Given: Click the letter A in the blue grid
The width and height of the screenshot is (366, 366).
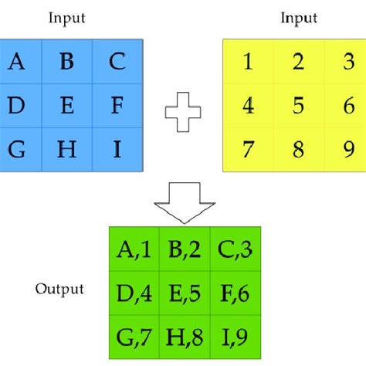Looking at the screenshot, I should tap(16, 63).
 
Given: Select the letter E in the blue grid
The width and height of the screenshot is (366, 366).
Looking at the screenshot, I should tap(66, 105).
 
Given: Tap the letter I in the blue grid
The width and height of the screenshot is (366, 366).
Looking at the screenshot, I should tap(117, 148).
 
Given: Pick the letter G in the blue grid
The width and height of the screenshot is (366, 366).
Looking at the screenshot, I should tap(16, 148).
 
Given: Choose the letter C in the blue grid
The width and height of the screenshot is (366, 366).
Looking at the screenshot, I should tap(117, 63).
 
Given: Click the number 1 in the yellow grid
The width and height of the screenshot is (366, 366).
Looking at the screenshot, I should tap(248, 63).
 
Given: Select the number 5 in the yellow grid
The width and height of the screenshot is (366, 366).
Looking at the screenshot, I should tap(298, 105).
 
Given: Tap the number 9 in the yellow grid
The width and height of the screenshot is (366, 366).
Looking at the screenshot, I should tap(348, 148).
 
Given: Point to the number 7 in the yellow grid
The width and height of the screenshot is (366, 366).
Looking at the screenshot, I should tap(248, 148).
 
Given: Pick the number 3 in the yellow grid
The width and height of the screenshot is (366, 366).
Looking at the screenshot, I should tap(348, 63).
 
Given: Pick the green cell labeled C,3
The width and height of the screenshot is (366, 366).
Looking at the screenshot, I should tap(235, 249).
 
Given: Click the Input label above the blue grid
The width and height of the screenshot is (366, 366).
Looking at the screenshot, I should tap(67, 18).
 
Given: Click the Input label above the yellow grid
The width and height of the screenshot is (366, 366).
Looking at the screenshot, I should tap(298, 18).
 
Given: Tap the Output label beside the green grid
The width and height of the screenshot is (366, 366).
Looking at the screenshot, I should tap(59, 290).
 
